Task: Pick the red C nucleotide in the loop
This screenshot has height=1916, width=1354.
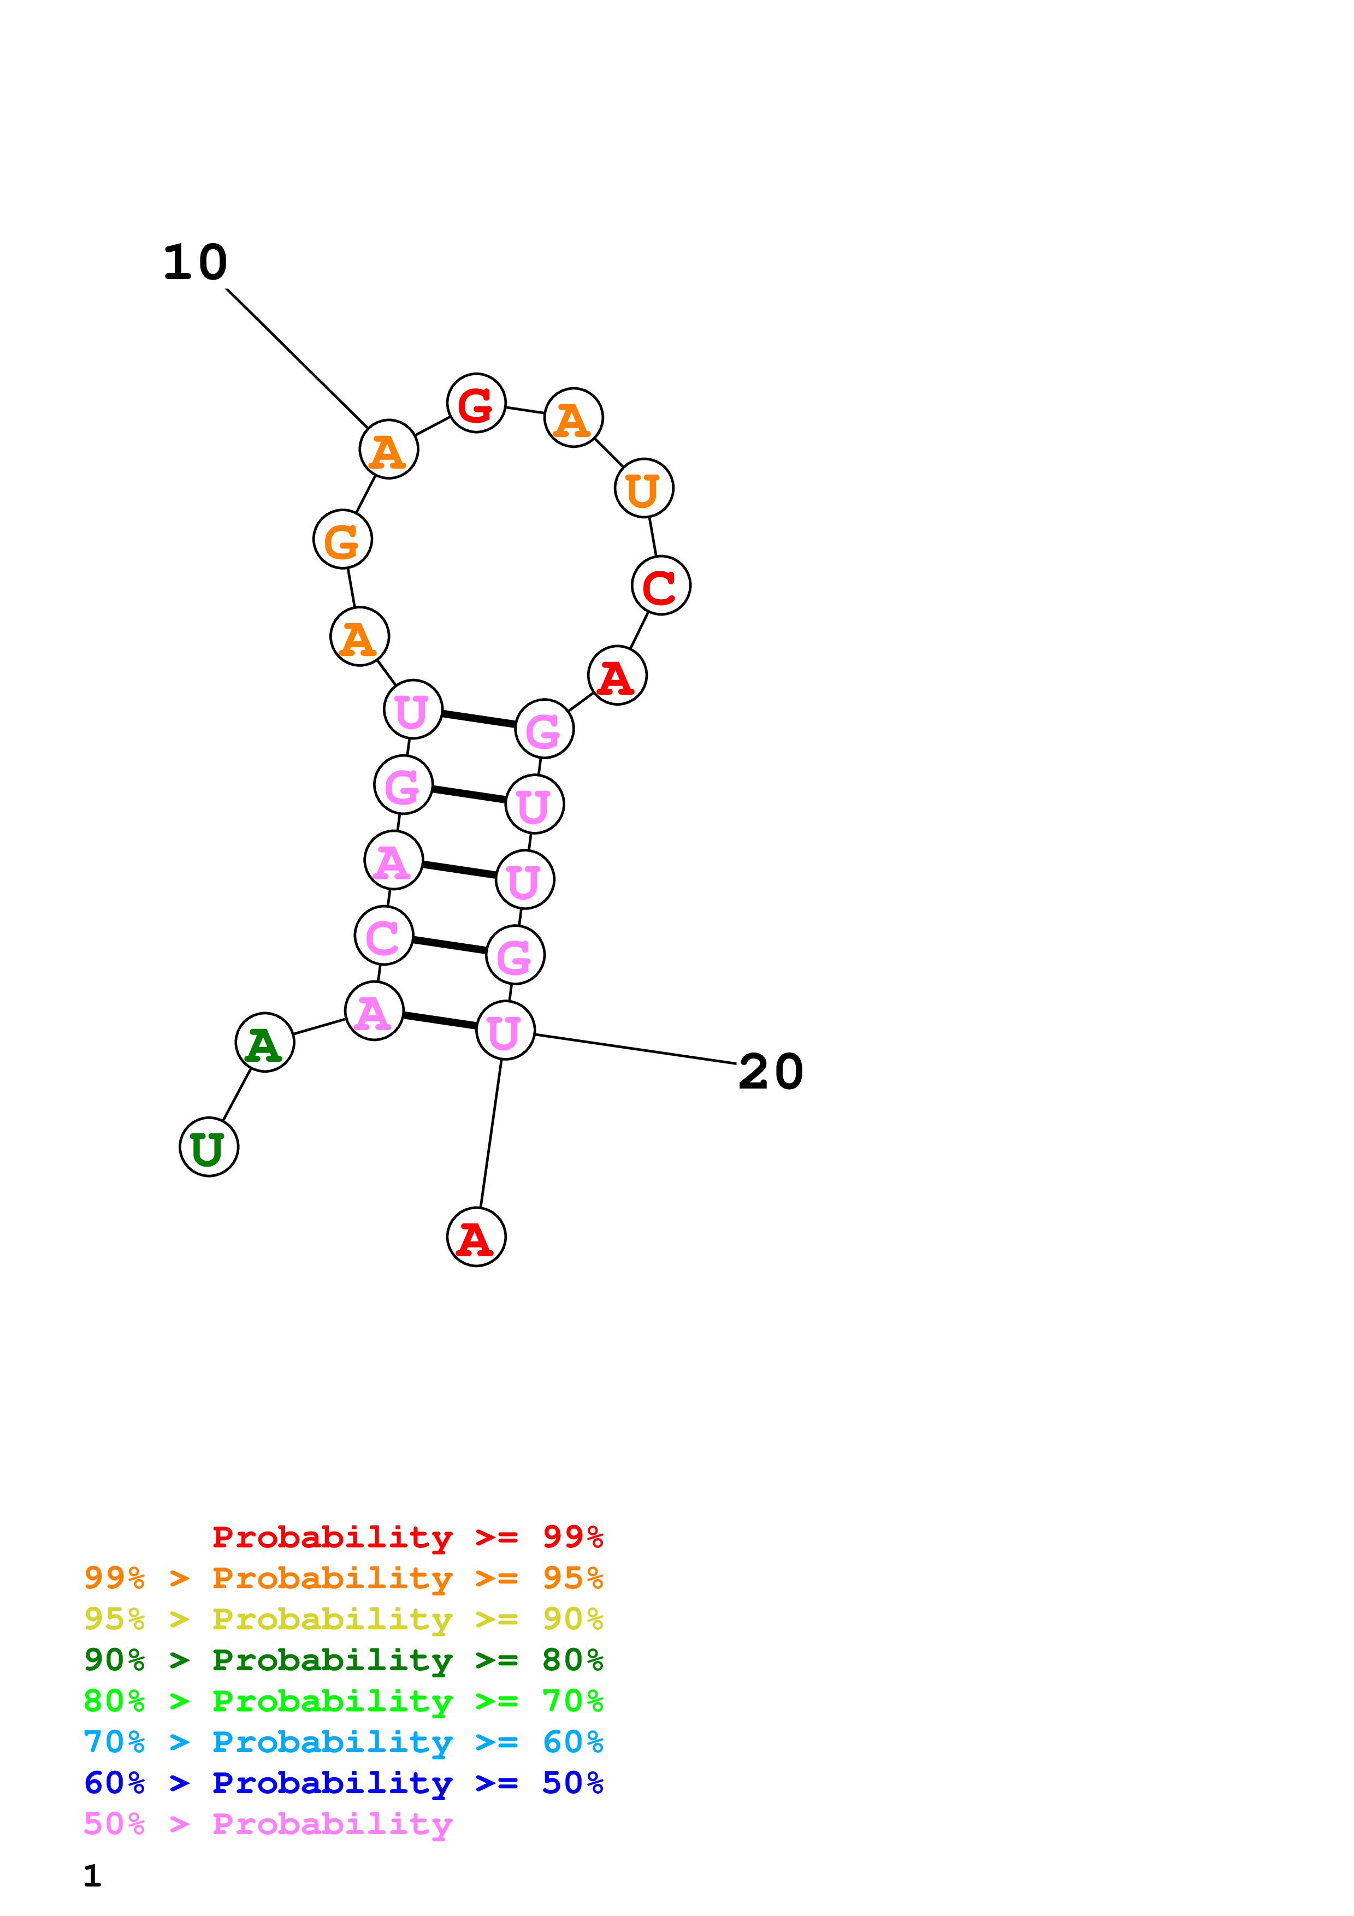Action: click(661, 586)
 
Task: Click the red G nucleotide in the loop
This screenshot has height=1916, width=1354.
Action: click(476, 403)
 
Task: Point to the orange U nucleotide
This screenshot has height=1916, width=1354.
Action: click(644, 488)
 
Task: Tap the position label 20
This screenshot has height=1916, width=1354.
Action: click(771, 1072)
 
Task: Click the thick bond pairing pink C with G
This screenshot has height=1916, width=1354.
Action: click(450, 945)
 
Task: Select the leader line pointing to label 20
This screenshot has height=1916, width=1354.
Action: click(634, 1049)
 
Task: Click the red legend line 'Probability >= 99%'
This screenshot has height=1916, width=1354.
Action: click(407, 1537)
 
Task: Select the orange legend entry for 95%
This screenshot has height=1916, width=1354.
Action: click(343, 1578)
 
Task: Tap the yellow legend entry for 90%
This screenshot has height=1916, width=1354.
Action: click(343, 1619)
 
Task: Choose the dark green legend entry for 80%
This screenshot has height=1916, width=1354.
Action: click(343, 1660)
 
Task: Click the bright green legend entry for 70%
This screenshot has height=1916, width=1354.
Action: click(343, 1701)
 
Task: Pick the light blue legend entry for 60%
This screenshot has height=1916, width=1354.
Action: click(343, 1742)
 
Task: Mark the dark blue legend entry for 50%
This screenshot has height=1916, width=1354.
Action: click(343, 1783)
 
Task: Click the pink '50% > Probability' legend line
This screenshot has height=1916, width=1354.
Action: click(268, 1823)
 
